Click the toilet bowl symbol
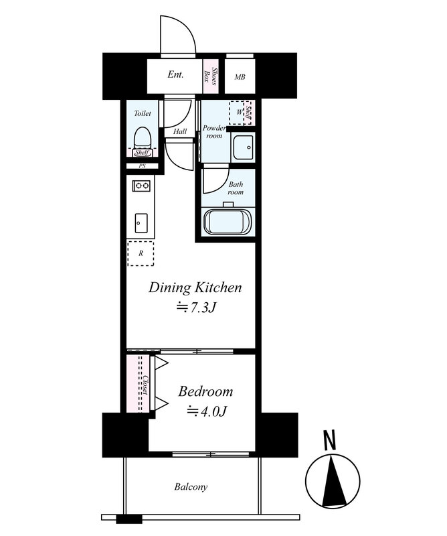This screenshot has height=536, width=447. (142, 138)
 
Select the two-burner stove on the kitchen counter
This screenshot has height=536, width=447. (141, 186)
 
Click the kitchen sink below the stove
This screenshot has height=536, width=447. (141, 223)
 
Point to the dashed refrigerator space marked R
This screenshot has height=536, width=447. (141, 254)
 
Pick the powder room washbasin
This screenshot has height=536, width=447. (242, 147)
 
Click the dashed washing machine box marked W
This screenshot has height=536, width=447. (237, 113)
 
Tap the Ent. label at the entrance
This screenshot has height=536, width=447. (175, 74)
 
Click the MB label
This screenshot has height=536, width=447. (240, 77)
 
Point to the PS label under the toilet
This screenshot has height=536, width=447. (142, 166)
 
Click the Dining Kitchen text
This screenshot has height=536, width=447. (195, 288)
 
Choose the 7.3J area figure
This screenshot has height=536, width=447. (196, 308)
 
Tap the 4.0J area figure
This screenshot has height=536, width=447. (206, 411)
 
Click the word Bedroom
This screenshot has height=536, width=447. (205, 392)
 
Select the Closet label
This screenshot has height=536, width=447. (146, 385)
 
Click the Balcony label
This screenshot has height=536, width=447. (191, 487)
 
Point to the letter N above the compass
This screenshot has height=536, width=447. (329, 441)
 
